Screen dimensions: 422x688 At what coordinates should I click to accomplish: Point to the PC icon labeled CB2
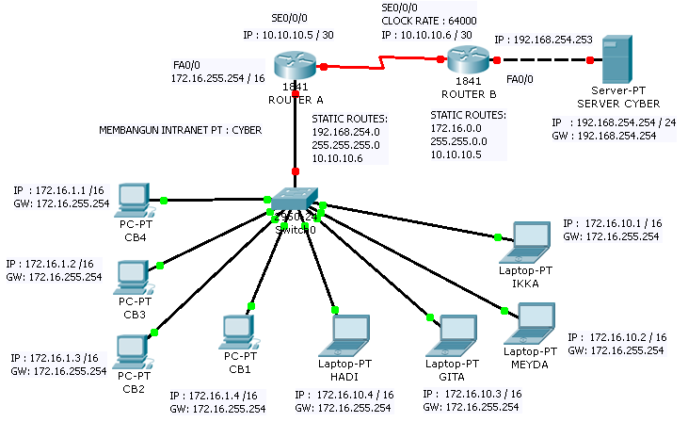coord(130,351)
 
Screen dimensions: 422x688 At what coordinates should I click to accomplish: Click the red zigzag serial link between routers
coord(381,64)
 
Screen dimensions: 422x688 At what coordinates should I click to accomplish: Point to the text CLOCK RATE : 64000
coord(429,19)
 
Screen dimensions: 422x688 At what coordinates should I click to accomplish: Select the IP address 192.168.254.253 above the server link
coord(542,41)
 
